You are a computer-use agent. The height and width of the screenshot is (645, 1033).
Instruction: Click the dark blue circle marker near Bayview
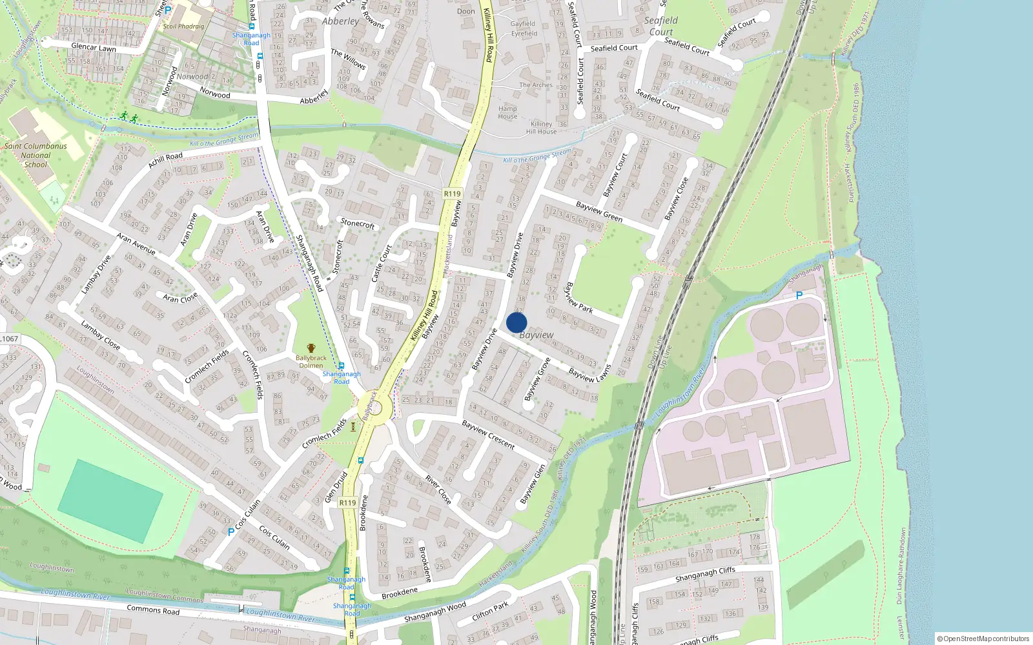516,322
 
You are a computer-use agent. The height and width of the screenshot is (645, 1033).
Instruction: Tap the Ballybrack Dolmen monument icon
311,348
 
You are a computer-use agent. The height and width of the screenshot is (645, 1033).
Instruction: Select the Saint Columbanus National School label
36,155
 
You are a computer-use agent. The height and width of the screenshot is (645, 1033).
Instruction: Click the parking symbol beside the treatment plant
799,295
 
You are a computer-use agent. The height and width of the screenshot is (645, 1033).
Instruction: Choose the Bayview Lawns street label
589,373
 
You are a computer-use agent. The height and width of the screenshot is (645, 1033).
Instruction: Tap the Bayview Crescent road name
488,434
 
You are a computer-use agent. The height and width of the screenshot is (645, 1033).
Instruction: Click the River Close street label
438,489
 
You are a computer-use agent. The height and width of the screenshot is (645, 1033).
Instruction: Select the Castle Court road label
382,263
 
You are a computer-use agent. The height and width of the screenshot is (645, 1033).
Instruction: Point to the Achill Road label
165,159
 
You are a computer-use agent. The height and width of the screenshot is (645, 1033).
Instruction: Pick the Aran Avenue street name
136,244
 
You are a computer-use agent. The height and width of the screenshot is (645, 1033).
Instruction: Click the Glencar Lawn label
94,47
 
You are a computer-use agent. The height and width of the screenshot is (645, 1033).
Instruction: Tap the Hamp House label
507,112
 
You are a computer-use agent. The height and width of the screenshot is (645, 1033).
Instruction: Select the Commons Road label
153,610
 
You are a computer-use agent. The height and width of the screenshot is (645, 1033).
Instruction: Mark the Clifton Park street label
490,610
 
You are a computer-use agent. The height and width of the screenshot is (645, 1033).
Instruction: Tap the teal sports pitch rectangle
110,501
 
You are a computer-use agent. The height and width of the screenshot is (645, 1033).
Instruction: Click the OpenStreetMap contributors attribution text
983,639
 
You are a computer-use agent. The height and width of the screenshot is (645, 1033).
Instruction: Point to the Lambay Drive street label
96,274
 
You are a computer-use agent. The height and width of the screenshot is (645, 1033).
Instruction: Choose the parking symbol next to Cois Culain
231,532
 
